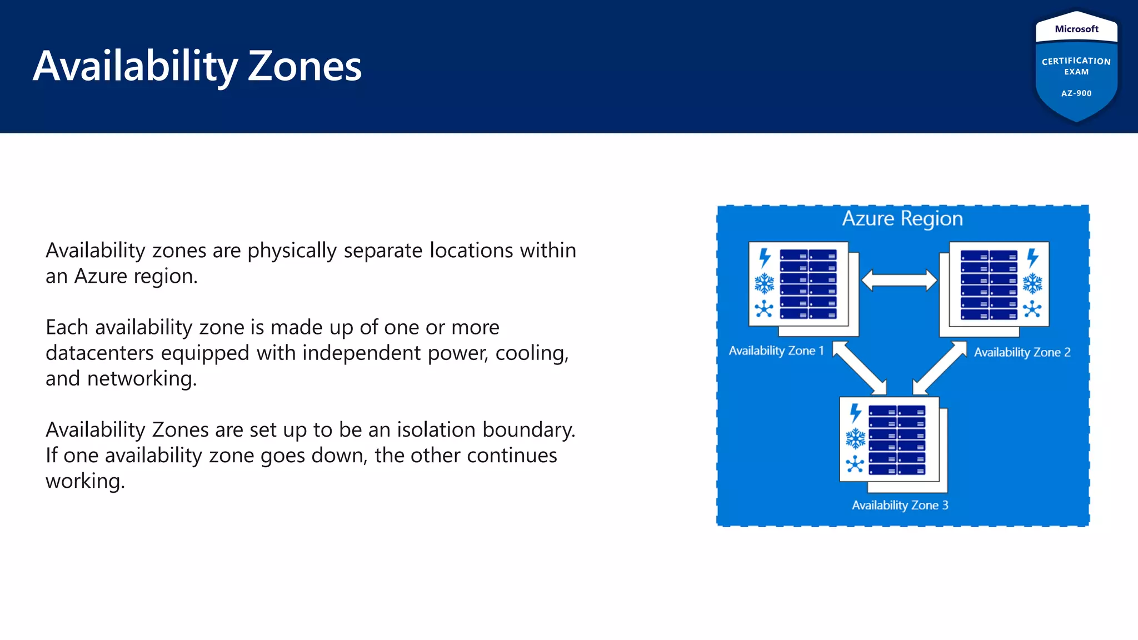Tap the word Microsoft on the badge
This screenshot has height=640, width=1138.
coord(1076,29)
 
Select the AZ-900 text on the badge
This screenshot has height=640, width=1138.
coord(1076,93)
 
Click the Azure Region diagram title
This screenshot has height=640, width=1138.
coord(902,218)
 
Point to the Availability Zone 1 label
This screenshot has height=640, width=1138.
coord(776,351)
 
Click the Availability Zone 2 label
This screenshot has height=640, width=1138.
coord(1022,352)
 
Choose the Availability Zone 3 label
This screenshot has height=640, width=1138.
coord(900,505)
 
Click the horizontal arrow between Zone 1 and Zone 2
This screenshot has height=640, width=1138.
coord(899,280)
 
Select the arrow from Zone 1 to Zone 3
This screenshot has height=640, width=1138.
coord(860,368)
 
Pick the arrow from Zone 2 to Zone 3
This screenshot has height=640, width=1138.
coord(940,368)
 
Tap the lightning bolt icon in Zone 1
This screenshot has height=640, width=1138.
coord(765,258)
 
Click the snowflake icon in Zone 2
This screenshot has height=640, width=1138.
coord(1032,283)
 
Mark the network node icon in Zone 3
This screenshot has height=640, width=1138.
coord(855,464)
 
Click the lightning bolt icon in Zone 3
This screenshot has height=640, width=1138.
coord(856,413)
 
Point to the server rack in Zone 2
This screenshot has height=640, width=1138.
coord(989,284)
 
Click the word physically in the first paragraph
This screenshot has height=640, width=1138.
coord(292,251)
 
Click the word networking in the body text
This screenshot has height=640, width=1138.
coord(141,379)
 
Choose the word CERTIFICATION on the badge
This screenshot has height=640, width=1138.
coord(1076,61)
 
